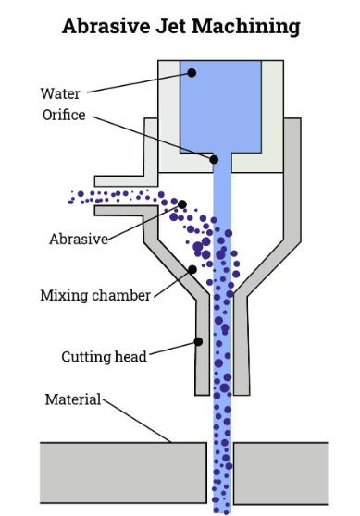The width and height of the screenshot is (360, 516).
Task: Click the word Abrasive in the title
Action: [x=106, y=26]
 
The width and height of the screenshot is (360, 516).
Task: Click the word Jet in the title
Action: [x=170, y=26]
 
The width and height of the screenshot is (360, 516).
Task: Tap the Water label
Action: [x=60, y=93]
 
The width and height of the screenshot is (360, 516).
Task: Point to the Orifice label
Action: [x=64, y=115]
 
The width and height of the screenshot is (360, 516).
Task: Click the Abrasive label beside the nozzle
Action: [x=79, y=239]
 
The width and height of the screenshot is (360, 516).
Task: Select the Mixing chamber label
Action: [x=95, y=295]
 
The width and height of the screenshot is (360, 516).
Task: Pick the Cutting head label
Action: [x=104, y=357]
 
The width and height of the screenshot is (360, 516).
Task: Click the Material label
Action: [x=73, y=399]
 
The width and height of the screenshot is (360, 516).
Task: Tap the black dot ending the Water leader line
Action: [x=192, y=73]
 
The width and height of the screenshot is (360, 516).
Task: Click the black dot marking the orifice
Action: [x=214, y=160]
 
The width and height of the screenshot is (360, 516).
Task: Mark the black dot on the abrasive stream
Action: [x=182, y=204]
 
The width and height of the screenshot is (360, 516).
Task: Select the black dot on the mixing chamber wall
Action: [x=192, y=270]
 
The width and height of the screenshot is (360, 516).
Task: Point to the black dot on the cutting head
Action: [x=198, y=341]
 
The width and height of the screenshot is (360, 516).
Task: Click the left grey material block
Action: [x=123, y=473]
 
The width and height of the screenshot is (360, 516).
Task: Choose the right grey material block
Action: [x=280, y=473]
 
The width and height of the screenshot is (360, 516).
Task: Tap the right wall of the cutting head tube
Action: [x=242, y=346]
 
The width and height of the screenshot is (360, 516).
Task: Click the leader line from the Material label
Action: [x=137, y=421]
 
